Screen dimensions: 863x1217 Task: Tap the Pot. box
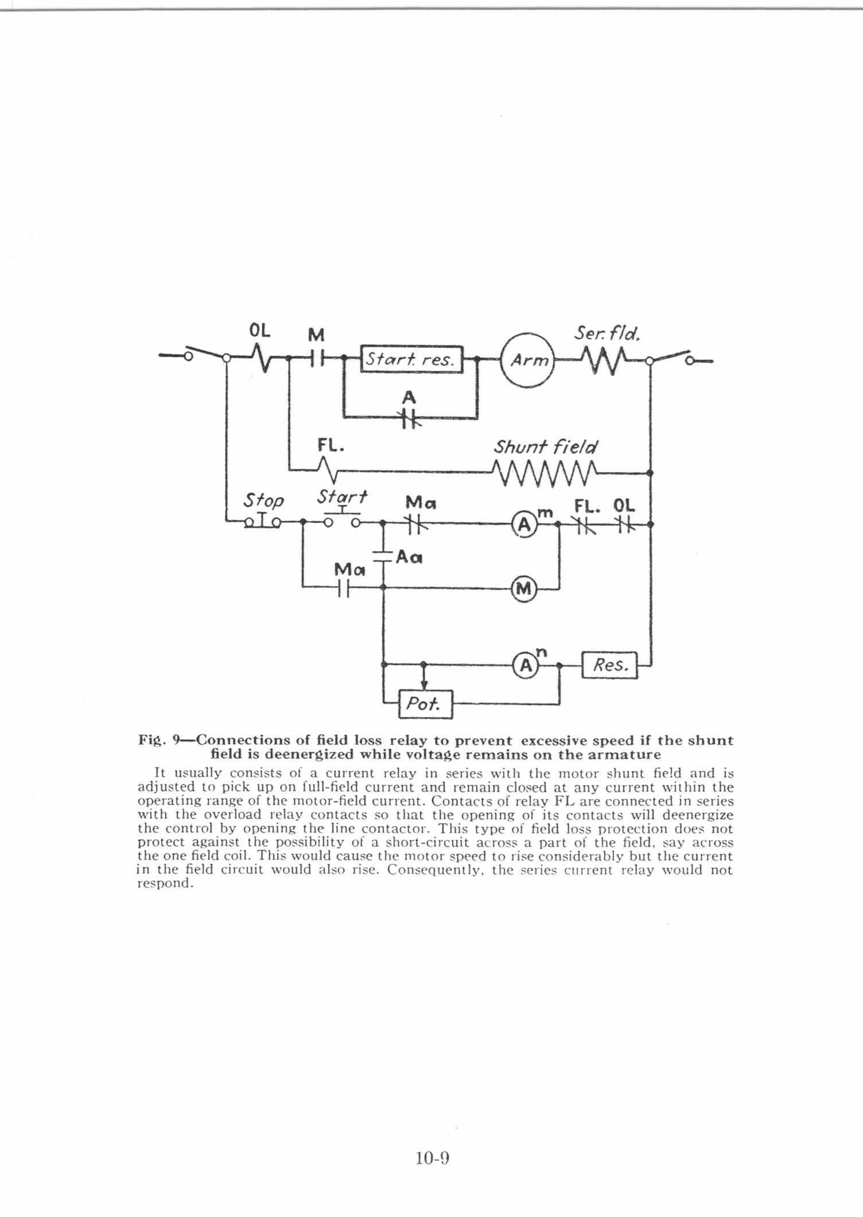pos(425,704)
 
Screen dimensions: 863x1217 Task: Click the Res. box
pos(609,666)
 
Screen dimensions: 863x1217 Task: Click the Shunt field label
pos(545,446)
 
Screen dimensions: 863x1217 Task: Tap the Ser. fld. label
pos(607,333)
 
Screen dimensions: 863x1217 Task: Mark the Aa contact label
pos(409,557)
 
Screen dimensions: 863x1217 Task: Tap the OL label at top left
pos(259,332)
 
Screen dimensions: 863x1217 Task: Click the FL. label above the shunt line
pos(331,445)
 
